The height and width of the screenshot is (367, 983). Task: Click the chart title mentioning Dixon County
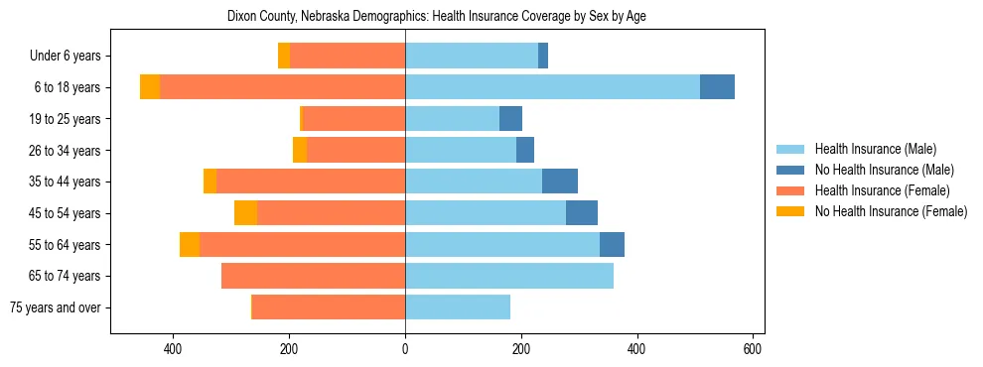point(437,17)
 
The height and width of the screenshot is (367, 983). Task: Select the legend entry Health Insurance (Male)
point(875,149)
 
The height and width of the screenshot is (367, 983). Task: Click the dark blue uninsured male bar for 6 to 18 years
point(717,87)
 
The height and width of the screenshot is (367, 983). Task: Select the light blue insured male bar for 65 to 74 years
point(509,276)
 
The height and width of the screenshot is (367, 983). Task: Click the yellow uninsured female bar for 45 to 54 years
point(245,213)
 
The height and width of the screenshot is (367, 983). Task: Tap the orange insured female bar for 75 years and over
point(329,307)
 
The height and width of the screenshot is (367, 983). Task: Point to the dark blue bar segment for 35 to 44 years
point(560,182)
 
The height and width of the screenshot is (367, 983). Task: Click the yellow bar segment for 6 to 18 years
point(150,87)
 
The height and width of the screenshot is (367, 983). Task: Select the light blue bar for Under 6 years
point(472,56)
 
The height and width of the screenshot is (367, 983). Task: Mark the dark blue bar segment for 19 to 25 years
point(510,119)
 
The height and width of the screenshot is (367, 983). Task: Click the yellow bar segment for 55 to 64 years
point(190,245)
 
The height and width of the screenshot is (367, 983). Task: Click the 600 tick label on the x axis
point(753,349)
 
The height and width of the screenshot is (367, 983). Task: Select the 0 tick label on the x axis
point(405,349)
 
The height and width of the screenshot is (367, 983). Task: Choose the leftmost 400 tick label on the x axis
point(173,349)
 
